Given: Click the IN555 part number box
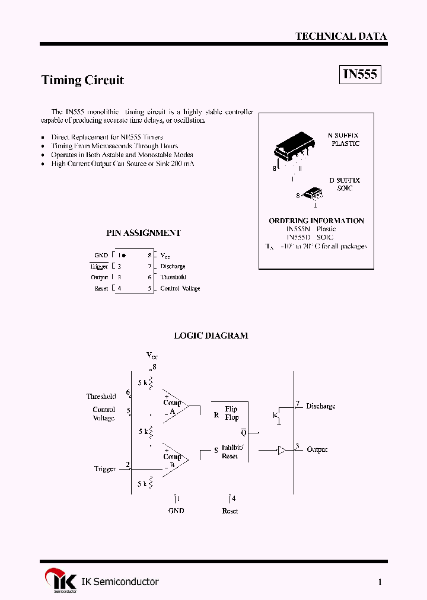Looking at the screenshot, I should [x=360, y=75].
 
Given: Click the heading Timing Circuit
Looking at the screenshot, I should [x=82, y=80].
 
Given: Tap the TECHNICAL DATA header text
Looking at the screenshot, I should [x=341, y=36].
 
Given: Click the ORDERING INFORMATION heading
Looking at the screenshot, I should [x=316, y=221].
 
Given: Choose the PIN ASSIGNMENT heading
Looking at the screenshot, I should [x=143, y=233].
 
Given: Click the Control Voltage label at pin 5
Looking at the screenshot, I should [x=180, y=289].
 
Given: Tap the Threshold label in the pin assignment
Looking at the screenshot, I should [x=173, y=277].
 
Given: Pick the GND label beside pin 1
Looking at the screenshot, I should [x=101, y=256].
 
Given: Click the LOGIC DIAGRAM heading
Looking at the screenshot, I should [x=211, y=336].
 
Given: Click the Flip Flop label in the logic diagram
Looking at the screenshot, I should [x=231, y=413].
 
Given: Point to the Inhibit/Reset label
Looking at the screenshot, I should [x=230, y=452].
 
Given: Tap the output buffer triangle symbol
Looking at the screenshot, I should [x=282, y=450].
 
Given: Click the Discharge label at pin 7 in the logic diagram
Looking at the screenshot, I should [x=321, y=407].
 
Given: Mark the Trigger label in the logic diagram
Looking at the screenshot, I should [x=105, y=469].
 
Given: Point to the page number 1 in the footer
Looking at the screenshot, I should [x=380, y=582].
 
